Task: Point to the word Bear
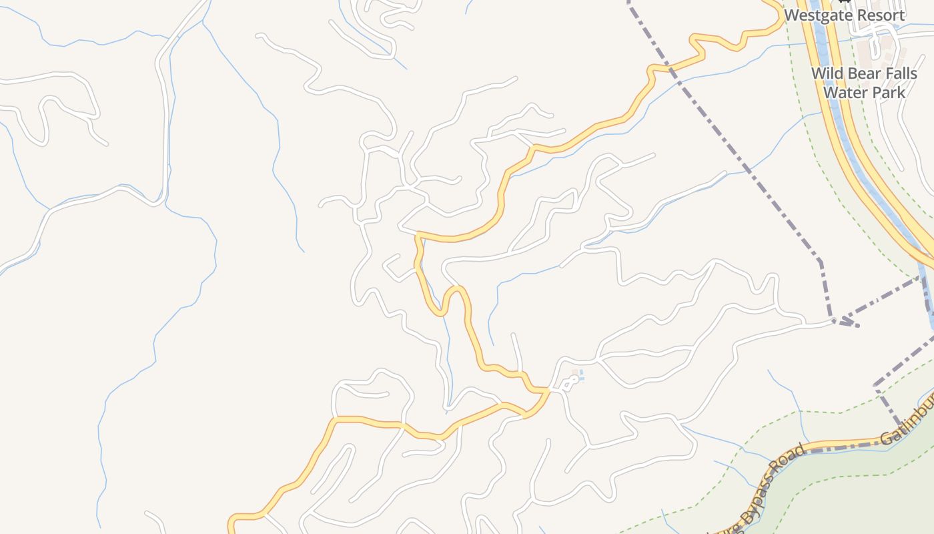861,73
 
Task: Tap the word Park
886,92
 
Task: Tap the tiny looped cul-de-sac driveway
568,382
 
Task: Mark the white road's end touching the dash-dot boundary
833,322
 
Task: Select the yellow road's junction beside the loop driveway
548,389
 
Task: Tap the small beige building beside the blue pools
574,370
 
